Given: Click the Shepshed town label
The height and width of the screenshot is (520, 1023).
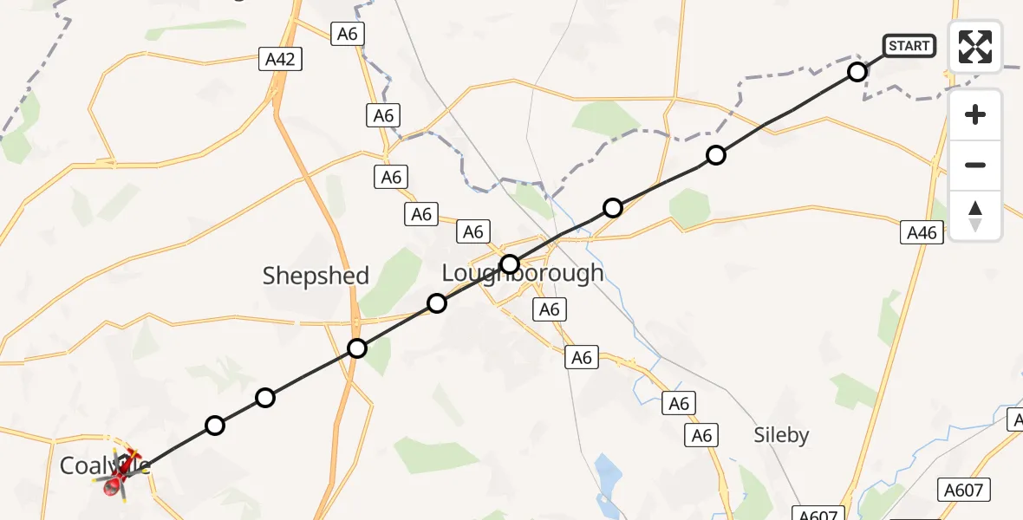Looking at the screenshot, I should click(x=316, y=276).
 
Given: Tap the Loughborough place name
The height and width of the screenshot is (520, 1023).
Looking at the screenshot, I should click(x=523, y=273).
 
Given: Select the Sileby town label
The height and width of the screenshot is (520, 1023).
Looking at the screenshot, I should click(x=781, y=435).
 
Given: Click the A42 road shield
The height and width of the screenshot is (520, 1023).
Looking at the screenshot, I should click(x=282, y=60).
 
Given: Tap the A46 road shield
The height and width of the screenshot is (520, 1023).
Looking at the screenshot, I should click(x=922, y=232).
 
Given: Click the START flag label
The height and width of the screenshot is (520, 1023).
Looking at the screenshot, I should click(x=909, y=46).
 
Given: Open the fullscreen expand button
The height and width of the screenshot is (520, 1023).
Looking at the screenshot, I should click(x=975, y=47).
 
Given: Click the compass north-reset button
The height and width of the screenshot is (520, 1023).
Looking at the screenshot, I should click(x=975, y=216).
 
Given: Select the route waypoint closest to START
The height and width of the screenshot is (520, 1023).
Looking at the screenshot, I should click(x=857, y=72).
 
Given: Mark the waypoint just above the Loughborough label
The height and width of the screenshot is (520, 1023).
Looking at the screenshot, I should click(x=510, y=263).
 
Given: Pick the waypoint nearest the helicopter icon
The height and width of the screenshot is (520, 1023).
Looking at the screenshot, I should click(x=215, y=426).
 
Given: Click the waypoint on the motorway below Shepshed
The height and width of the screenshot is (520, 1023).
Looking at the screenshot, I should click(x=357, y=349).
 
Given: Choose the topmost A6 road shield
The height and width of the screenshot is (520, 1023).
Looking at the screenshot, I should click(x=349, y=34).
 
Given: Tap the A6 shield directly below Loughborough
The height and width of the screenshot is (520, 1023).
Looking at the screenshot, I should click(x=550, y=309).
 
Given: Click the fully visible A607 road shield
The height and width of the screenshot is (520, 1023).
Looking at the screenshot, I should click(x=964, y=491).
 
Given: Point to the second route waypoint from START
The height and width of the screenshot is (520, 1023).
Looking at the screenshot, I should click(x=715, y=155).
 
